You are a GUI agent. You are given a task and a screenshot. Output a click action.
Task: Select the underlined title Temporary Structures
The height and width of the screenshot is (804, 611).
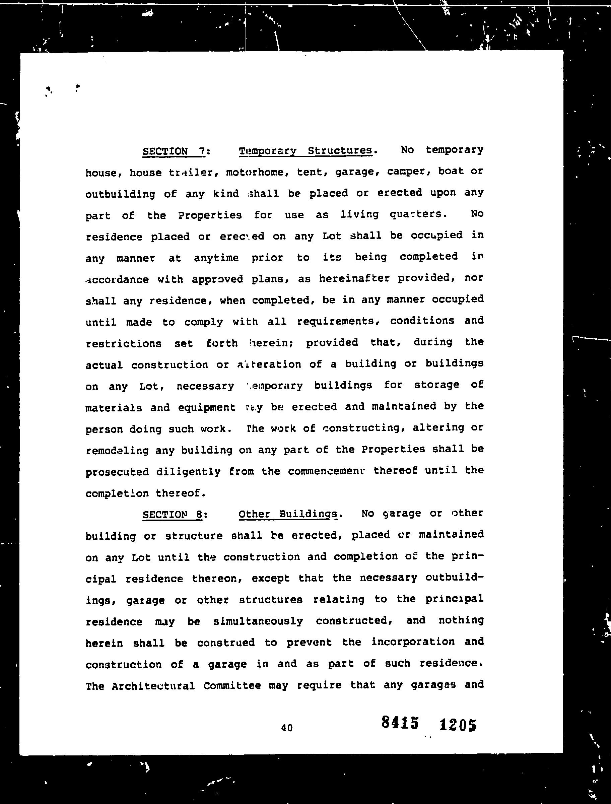305,150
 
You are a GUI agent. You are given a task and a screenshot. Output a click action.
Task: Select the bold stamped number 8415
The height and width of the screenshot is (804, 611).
400,723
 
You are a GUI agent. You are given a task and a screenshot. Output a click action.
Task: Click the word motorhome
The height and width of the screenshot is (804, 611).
255,172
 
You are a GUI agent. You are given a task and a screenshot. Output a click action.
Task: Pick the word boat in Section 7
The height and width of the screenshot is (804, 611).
451,171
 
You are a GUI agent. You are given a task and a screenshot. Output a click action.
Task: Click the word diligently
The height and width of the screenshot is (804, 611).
188,472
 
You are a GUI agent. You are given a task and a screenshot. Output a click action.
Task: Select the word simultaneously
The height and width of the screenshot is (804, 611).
258,621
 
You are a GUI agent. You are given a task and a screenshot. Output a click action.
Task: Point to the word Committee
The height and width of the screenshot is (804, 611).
232,686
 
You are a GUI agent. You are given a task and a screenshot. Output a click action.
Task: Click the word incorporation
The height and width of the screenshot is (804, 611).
413,642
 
